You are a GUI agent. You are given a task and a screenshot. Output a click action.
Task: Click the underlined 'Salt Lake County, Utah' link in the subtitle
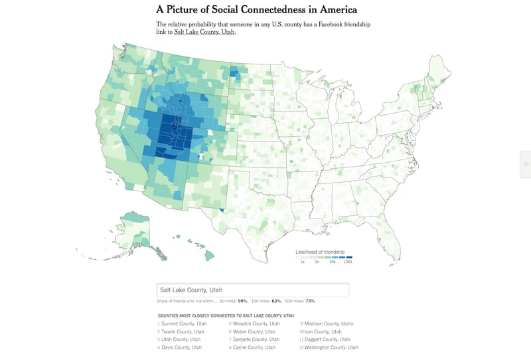pos(204,32)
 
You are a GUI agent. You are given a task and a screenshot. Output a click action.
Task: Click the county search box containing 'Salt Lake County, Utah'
pos(252,290)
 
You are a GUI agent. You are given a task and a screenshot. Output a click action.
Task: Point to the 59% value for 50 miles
pos(242,302)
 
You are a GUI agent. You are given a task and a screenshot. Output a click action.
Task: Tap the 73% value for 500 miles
pos(310,302)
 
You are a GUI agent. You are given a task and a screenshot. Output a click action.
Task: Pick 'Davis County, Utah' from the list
pos(181,347)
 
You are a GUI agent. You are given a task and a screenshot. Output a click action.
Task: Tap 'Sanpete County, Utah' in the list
pos(255,339)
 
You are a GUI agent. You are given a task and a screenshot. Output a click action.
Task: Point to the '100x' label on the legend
pos(347,262)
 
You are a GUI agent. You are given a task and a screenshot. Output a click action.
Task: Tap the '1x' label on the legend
pos(302,262)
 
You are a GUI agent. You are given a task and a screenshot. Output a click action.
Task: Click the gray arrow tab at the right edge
pos(526,164)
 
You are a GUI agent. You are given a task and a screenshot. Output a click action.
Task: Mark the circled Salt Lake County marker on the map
pos(174,126)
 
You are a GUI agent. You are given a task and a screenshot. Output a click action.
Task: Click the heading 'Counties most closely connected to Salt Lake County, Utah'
pos(226,315)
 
